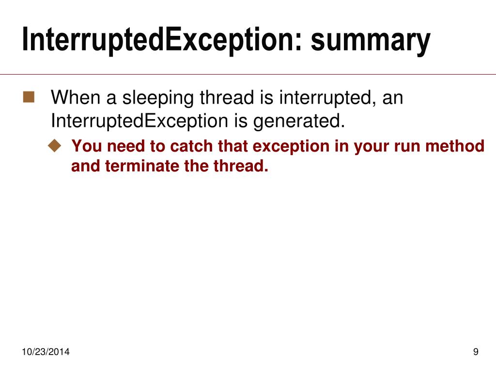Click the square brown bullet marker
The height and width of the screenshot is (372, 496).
tap(29, 98)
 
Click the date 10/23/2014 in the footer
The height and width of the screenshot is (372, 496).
tap(46, 352)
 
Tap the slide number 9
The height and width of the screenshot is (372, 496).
tap(476, 352)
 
